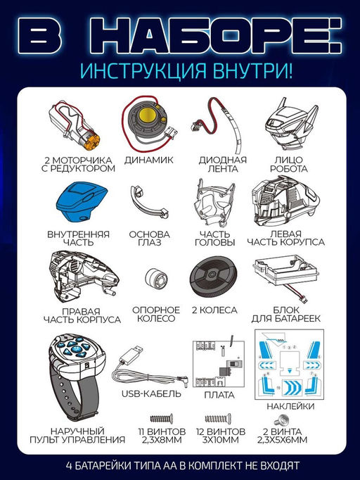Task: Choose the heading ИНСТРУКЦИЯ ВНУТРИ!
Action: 181,72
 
